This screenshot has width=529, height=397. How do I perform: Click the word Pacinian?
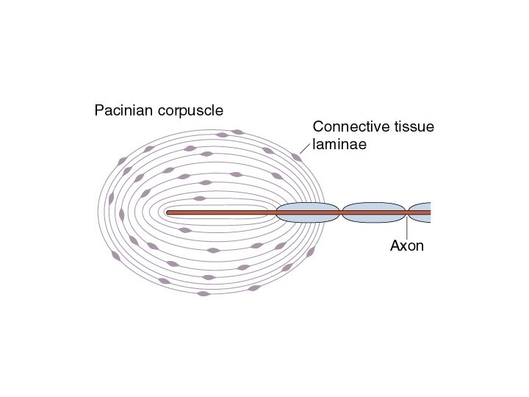(x=122, y=110)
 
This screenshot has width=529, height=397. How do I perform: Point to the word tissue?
(x=411, y=126)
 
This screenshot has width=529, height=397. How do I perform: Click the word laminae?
(x=339, y=143)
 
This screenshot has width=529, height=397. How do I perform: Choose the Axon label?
(x=406, y=246)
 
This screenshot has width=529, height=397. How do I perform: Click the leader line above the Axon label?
(x=406, y=226)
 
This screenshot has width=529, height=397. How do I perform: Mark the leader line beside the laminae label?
(x=306, y=149)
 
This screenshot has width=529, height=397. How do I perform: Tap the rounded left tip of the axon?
(x=169, y=212)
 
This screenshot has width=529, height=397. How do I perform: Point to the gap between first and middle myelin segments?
(x=341, y=212)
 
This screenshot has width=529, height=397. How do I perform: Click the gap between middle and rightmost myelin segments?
(x=407, y=212)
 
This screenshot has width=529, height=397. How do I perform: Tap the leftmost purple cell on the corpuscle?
(x=112, y=198)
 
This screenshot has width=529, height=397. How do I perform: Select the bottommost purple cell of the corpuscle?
(x=204, y=293)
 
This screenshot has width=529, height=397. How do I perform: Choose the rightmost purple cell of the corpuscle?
(x=311, y=251)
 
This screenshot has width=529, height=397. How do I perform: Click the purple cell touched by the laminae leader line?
(x=296, y=157)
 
